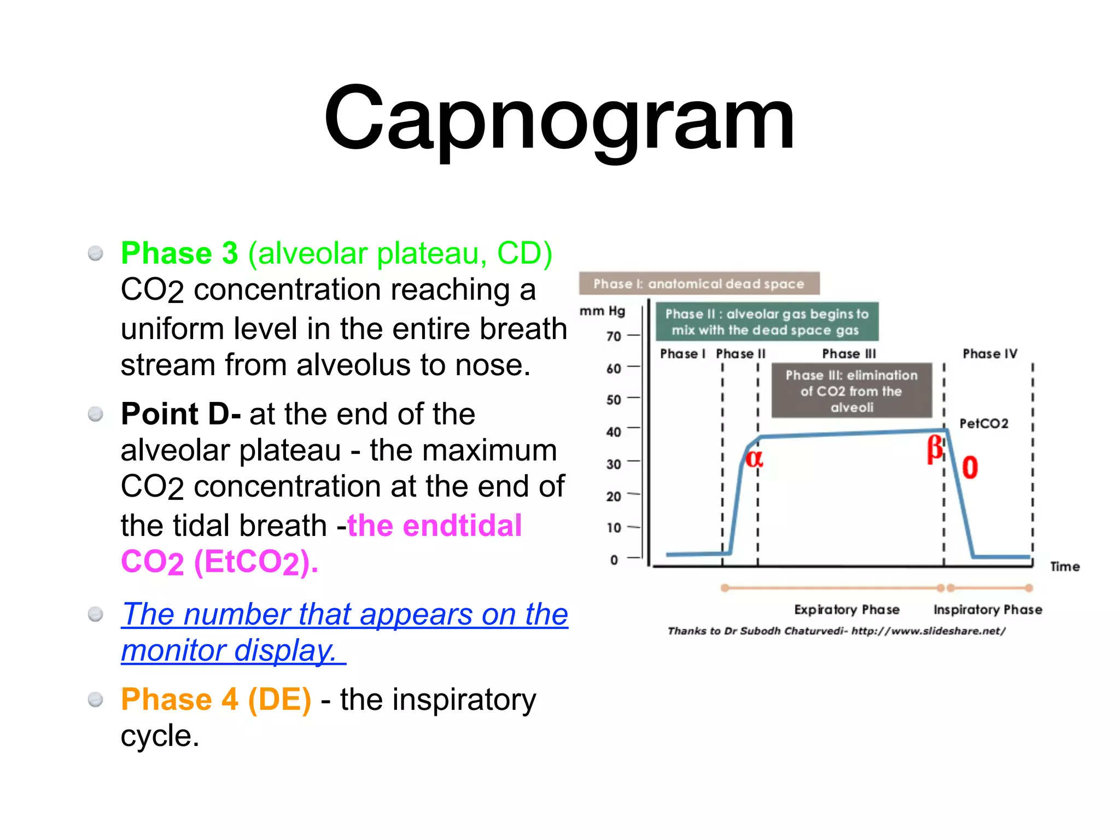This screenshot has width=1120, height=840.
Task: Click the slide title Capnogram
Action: [559, 118]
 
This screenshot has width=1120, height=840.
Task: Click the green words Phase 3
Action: [179, 253]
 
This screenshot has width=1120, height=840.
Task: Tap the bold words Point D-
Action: [180, 414]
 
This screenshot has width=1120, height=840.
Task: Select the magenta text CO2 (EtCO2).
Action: [219, 562]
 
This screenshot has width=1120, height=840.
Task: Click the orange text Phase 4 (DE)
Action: [216, 699]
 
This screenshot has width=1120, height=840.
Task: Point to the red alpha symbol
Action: [754, 458]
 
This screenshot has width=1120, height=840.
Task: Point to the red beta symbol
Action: [935, 449]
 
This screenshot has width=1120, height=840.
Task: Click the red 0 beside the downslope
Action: [970, 468]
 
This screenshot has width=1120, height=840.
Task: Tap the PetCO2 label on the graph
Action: [983, 423]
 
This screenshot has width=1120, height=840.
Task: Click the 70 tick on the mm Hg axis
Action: [614, 336]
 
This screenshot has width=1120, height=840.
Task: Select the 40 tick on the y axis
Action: [614, 432]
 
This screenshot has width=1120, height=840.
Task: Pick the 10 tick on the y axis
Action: [614, 528]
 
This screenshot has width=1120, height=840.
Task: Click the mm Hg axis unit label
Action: [602, 311]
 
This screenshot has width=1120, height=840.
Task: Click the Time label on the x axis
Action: [1064, 567]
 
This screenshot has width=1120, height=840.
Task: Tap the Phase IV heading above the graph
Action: [989, 354]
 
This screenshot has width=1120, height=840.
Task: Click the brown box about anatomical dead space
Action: [699, 283]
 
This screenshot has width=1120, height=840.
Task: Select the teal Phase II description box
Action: [767, 322]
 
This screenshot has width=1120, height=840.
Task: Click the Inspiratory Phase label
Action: [987, 609]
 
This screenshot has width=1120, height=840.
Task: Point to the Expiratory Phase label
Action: [847, 609]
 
